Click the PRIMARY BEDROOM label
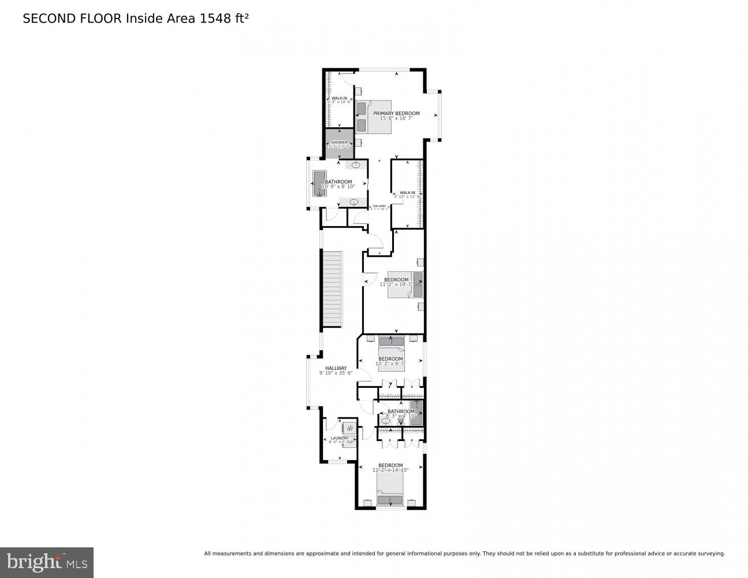pos(396,113)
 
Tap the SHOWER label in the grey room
pos(339,142)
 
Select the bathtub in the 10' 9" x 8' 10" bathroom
pos(319,183)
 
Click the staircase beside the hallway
pos(332,289)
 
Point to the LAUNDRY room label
pos(339,438)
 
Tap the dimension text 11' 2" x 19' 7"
pos(396,284)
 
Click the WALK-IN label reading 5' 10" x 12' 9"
pos(407,192)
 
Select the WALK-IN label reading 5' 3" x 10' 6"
pos(339,98)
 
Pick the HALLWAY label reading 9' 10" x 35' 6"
pos(336,368)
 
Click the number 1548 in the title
pos(212,18)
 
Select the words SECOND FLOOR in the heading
pos(72,18)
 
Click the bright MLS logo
pos(46,562)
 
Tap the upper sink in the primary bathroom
pos(356,165)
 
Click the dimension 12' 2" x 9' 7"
pos(390,364)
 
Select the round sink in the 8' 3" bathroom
pos(385,421)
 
